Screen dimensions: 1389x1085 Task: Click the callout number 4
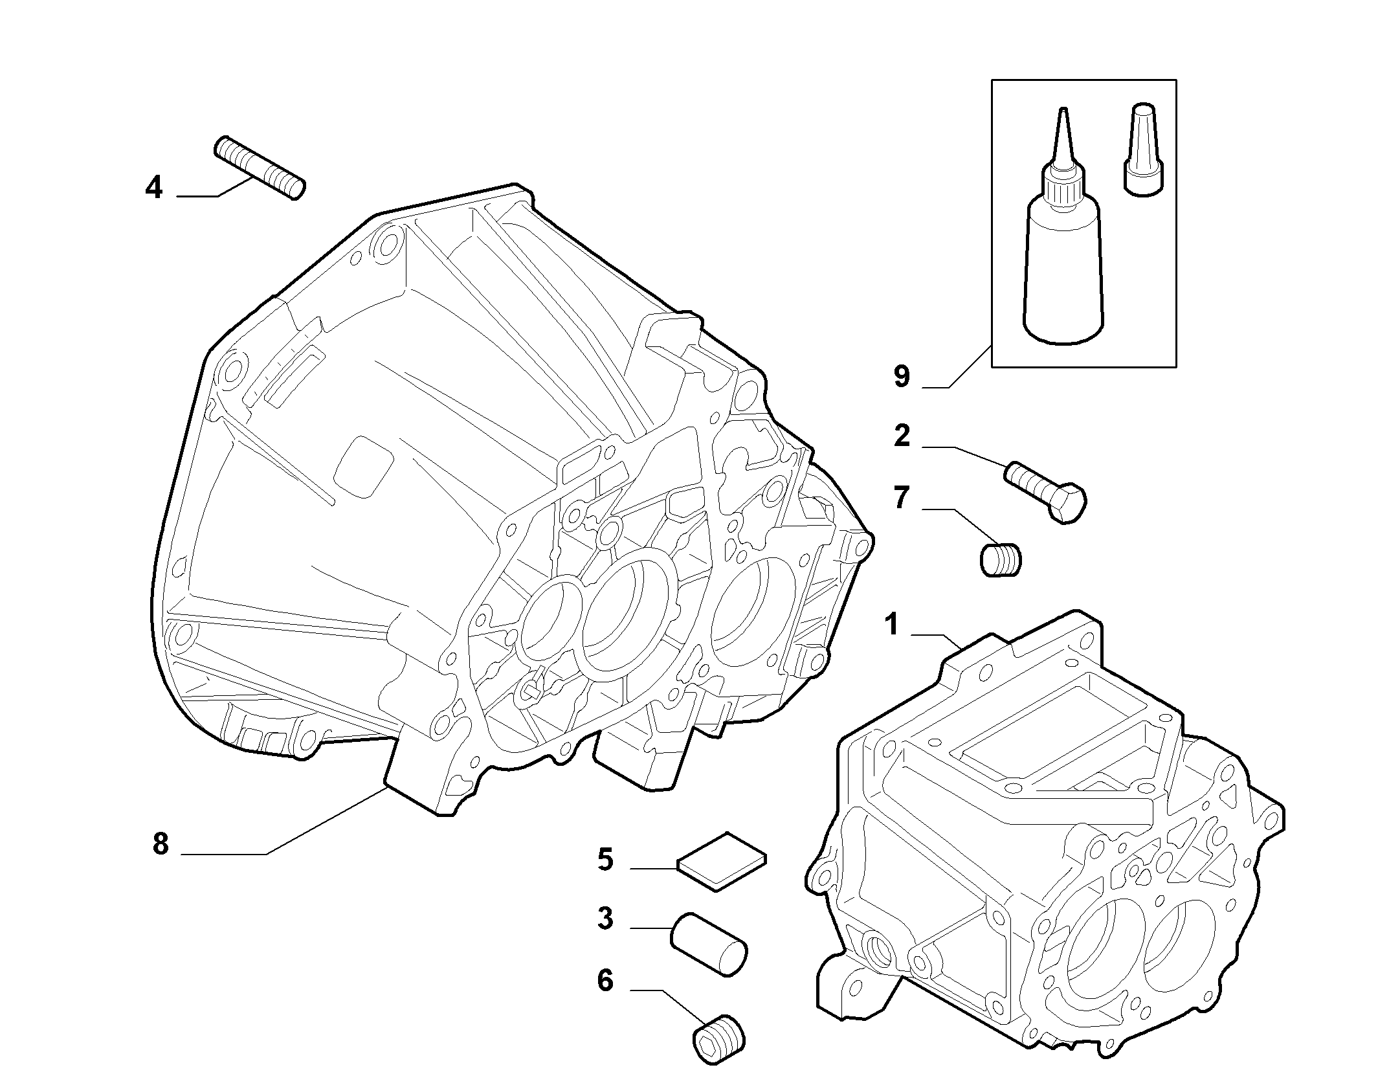coord(153,188)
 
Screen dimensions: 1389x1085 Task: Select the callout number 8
coord(161,844)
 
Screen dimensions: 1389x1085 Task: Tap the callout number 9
coord(902,376)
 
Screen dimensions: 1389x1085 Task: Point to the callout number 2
coord(902,436)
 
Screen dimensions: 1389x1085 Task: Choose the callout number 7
coord(902,498)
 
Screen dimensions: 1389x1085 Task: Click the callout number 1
coord(893,625)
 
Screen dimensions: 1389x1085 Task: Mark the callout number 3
coord(605,919)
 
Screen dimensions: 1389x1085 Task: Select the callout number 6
coord(605,980)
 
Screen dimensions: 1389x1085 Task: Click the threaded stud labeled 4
coord(260,168)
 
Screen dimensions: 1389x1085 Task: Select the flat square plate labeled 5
coord(722,861)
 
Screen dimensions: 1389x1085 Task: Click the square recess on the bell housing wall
coord(363,466)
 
